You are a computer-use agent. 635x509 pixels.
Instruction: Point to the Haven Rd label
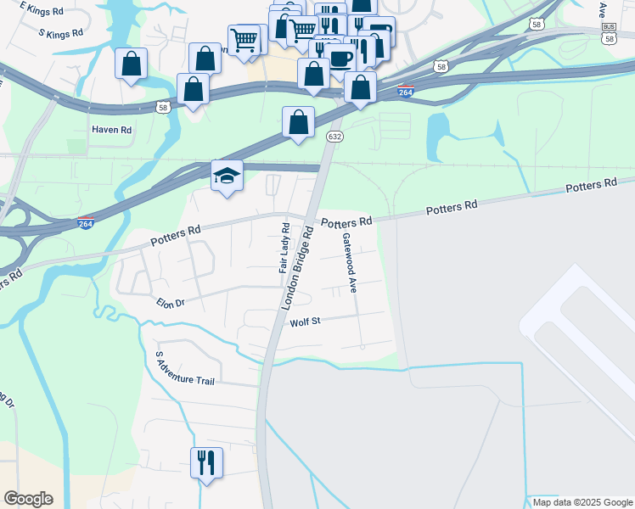(112, 130)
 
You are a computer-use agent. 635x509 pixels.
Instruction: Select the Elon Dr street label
(170, 302)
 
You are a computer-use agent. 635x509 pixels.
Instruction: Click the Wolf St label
(304, 322)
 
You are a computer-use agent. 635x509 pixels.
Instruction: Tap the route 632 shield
(335, 137)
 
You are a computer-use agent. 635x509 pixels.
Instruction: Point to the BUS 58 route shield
(608, 32)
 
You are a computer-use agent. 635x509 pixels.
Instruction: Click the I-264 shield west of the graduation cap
(85, 223)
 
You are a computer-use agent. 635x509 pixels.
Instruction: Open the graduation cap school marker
(227, 175)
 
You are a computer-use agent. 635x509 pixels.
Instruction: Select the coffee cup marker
(341, 58)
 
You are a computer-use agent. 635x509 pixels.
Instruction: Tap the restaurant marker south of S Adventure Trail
(206, 462)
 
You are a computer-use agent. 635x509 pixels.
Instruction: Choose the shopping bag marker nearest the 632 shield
(299, 122)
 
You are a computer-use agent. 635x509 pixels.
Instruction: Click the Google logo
(28, 499)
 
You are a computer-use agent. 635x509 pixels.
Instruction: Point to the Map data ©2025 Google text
(582, 502)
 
